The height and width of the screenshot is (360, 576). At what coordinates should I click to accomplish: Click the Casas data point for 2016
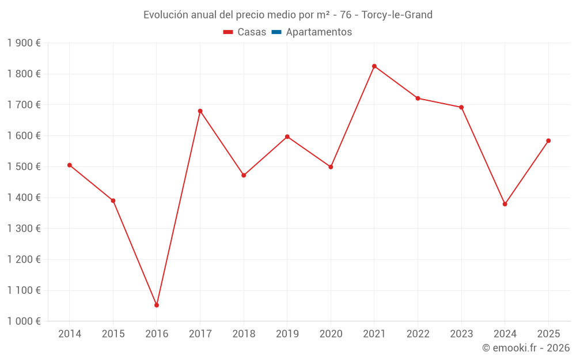[x=157, y=305]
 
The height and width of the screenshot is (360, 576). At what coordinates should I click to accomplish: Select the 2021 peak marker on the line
[x=374, y=66]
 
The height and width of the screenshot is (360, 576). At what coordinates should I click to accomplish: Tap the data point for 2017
[x=200, y=111]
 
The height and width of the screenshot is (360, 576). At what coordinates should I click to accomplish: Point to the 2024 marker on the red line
[x=505, y=204]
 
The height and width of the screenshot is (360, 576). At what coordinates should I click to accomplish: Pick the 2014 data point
[x=70, y=165]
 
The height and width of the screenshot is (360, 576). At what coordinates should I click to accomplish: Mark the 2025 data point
[x=548, y=141]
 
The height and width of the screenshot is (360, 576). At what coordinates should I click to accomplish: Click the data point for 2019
[x=287, y=137]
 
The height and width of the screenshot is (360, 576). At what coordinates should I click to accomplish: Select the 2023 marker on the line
[x=461, y=107]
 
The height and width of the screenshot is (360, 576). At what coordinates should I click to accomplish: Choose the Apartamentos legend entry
[x=319, y=32]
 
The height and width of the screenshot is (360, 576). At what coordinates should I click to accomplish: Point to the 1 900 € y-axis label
[x=24, y=43]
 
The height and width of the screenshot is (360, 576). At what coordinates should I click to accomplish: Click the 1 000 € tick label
[x=24, y=321]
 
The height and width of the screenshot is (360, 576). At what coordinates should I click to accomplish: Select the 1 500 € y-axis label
[x=24, y=167]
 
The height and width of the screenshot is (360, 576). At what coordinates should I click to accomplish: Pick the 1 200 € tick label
[x=24, y=260]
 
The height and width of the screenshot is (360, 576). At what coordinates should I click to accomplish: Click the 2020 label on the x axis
[x=331, y=334]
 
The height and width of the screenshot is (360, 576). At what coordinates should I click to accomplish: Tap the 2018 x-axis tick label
[x=244, y=334]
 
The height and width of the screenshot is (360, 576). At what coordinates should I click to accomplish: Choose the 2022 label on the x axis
[x=418, y=334]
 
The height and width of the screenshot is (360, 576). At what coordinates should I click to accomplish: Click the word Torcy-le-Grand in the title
[x=397, y=15]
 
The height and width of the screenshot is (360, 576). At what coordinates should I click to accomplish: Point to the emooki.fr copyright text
[x=526, y=348]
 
